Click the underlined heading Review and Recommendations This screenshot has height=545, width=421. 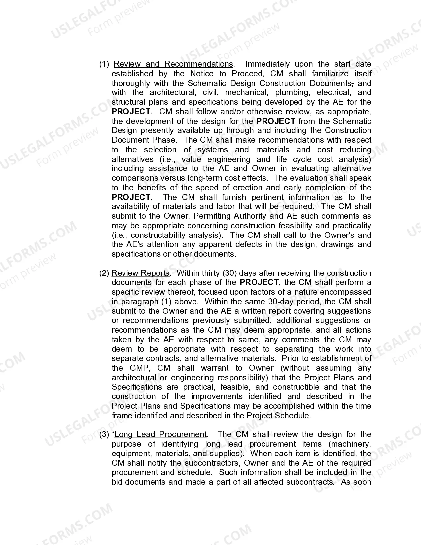point(173,64)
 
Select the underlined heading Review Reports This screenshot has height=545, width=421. point(140,273)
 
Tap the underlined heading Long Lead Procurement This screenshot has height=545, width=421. point(160,434)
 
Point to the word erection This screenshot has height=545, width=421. point(248,188)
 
